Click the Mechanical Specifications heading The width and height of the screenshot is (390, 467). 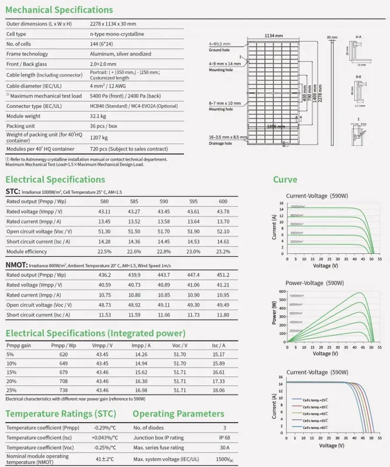(59, 10)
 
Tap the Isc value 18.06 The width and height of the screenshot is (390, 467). (219, 390)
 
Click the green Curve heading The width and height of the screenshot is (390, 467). (285, 179)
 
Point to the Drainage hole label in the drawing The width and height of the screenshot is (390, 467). (221, 143)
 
